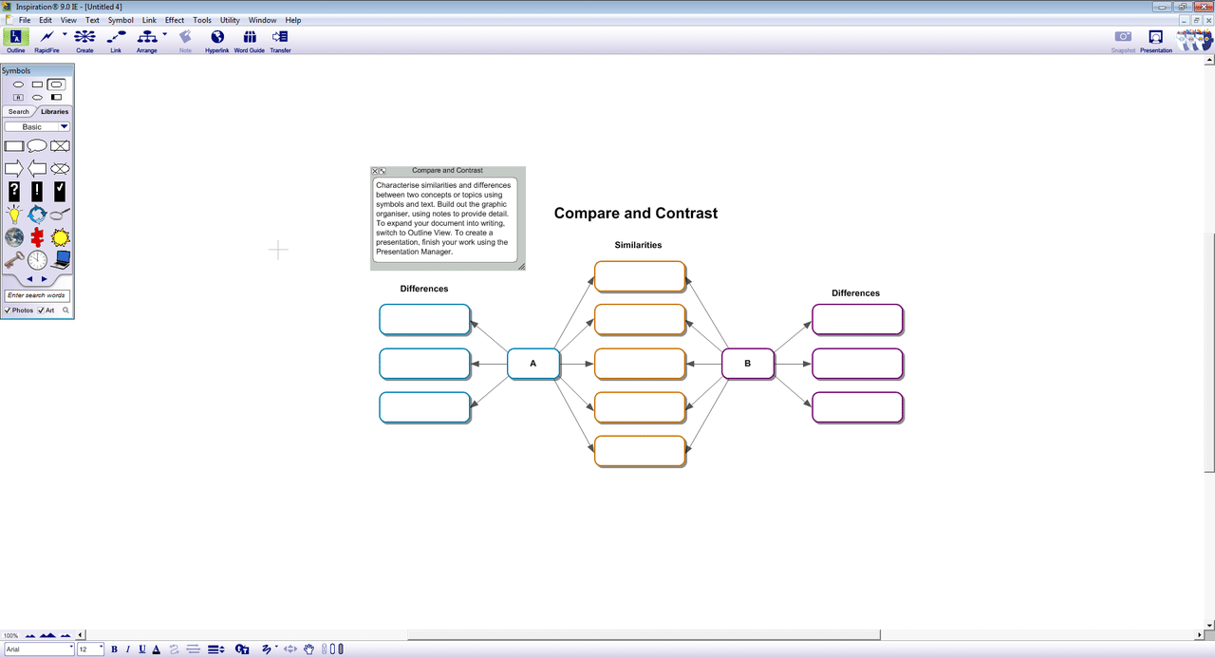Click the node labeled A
(x=533, y=364)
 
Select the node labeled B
(x=747, y=364)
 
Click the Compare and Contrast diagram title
(x=636, y=214)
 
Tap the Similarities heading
(x=638, y=245)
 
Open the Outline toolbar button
(x=16, y=41)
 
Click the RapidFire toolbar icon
(x=47, y=41)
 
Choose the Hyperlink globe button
(x=217, y=41)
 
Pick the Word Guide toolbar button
(x=250, y=41)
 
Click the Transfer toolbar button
(x=280, y=41)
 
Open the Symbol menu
(x=121, y=20)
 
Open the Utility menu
(x=230, y=20)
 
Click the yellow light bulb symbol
(x=14, y=215)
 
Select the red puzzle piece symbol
(x=37, y=237)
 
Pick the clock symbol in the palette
(x=37, y=260)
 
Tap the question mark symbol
(x=14, y=192)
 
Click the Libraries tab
(x=54, y=111)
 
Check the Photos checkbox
(x=8, y=310)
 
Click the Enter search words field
(x=37, y=295)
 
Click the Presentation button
(x=1156, y=41)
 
